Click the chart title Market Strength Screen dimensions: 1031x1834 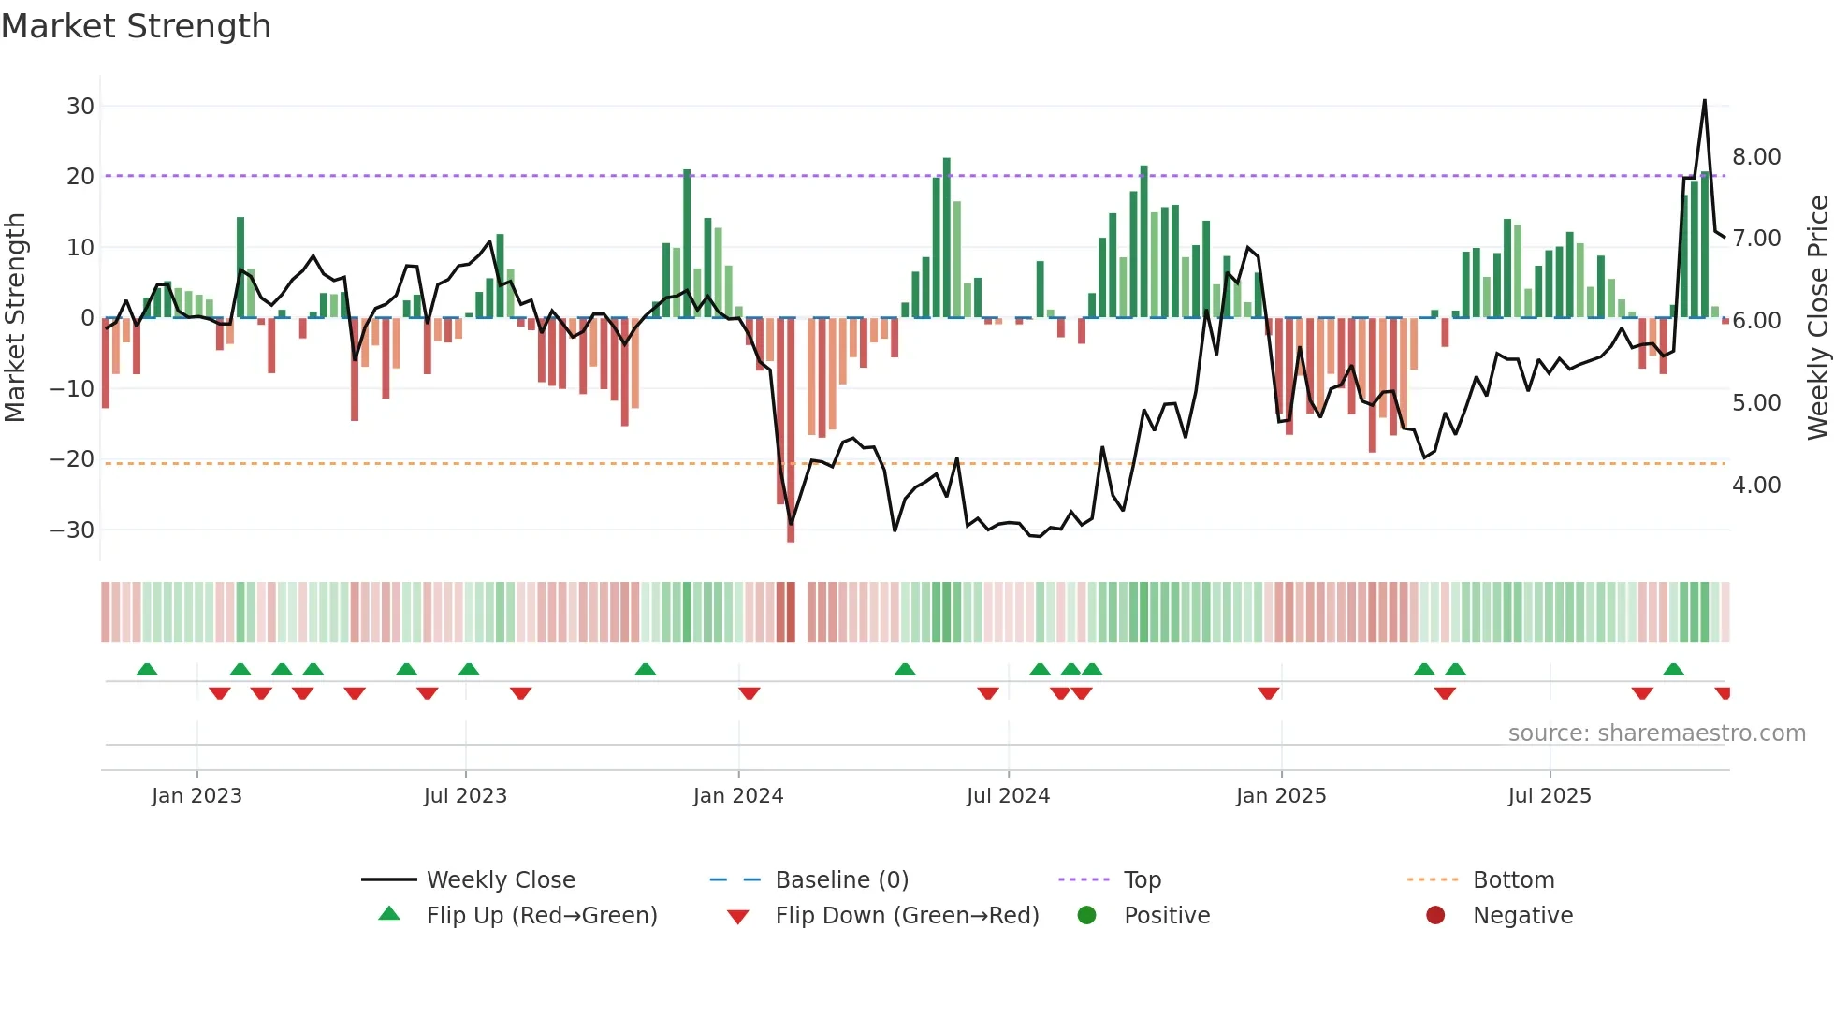click(136, 26)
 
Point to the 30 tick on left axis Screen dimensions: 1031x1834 click(80, 107)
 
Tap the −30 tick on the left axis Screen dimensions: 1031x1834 click(73, 530)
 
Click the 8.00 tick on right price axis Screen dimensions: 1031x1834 click(1755, 157)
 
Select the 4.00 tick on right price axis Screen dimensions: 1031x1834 click(1755, 486)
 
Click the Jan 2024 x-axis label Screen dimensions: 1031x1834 click(737, 796)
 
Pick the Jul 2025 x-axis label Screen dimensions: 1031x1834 click(1549, 796)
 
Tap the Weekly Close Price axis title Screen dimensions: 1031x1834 click(1817, 318)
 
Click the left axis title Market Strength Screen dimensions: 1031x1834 click(16, 318)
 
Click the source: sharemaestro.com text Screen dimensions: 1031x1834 click(1656, 733)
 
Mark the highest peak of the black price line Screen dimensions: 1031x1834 click(1704, 101)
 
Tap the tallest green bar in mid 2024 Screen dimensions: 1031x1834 click(947, 239)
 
